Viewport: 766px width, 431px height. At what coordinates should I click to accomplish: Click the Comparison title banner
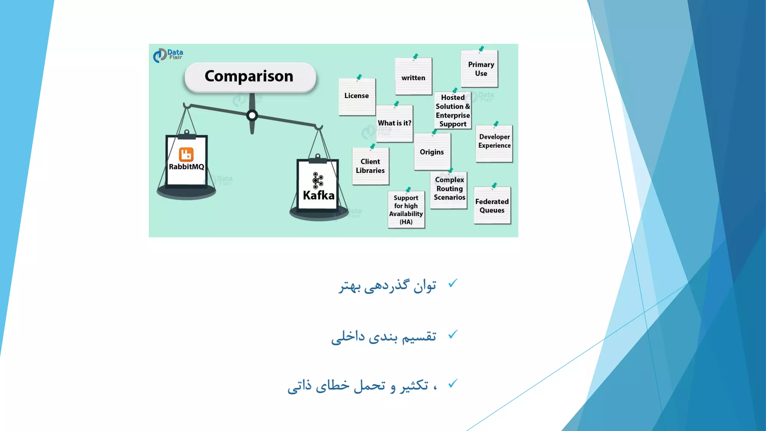[x=250, y=77]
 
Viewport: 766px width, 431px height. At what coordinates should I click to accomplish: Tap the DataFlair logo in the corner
[x=168, y=55]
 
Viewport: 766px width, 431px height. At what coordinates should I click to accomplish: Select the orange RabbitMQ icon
[x=186, y=154]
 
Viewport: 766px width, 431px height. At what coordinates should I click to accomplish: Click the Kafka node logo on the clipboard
[x=318, y=180]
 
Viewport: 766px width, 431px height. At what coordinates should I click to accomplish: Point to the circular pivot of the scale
[x=252, y=115]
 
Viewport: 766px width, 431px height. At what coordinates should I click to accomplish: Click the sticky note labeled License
[x=357, y=96]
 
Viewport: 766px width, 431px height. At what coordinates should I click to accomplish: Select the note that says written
[x=413, y=77]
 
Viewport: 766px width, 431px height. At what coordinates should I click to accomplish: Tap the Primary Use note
[x=480, y=69]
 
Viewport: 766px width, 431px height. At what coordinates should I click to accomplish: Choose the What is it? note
[x=394, y=123]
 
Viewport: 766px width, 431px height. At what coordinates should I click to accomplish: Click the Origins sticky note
[x=432, y=152]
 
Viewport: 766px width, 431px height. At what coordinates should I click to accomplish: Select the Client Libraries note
[x=370, y=166]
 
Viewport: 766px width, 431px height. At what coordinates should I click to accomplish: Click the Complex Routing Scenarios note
[x=449, y=189]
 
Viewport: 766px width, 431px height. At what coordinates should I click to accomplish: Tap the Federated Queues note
[x=492, y=206]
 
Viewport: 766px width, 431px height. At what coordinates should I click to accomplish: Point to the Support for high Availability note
[x=406, y=210]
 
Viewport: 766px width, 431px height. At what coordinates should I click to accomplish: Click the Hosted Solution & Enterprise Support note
[x=453, y=111]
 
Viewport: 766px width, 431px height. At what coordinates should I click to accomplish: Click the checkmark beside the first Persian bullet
[x=453, y=284]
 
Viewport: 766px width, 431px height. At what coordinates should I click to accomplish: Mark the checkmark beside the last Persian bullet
[x=453, y=383]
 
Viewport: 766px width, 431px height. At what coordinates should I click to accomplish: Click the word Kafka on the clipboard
[x=318, y=195]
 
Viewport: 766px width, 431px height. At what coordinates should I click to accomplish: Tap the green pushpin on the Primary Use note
[x=482, y=49]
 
